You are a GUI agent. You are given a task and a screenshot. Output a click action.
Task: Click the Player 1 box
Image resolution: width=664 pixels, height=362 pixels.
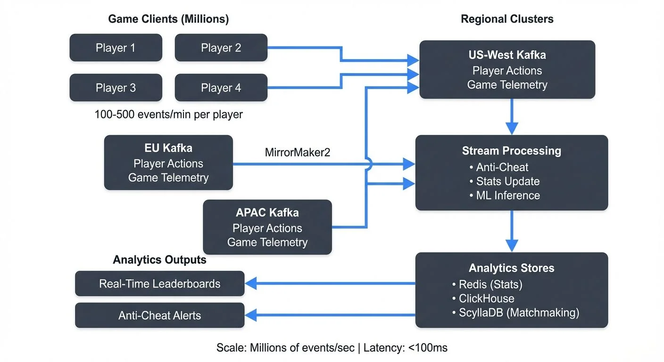coord(116,48)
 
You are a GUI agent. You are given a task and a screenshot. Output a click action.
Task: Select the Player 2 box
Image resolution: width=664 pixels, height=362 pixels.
coord(221,48)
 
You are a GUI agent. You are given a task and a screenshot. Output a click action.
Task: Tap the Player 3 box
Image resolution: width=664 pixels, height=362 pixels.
coord(116,88)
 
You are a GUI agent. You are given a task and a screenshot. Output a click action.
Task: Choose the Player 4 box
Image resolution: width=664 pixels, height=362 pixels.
coord(221,88)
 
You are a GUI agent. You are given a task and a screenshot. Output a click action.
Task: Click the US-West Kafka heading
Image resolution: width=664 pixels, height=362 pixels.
coord(507,55)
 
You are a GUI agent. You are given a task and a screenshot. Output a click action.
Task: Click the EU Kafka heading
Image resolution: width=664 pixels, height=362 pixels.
coord(168,148)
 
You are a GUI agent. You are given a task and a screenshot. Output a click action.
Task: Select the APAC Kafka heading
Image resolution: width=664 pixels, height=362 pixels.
coord(267,213)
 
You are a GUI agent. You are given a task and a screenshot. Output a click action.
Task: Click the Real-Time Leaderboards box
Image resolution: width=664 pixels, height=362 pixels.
coord(159,284)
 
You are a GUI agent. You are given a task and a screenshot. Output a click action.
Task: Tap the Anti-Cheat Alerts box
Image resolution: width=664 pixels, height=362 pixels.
coord(159,315)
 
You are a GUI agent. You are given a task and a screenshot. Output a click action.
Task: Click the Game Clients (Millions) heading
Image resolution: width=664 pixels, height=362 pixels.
coord(168,19)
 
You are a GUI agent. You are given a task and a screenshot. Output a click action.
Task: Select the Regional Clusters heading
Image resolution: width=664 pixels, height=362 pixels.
coord(507,19)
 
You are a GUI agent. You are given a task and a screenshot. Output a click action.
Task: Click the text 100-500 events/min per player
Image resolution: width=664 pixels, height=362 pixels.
coord(168,115)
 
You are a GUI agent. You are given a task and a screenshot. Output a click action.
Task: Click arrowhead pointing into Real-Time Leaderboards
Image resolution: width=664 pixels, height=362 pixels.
coord(250,284)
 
